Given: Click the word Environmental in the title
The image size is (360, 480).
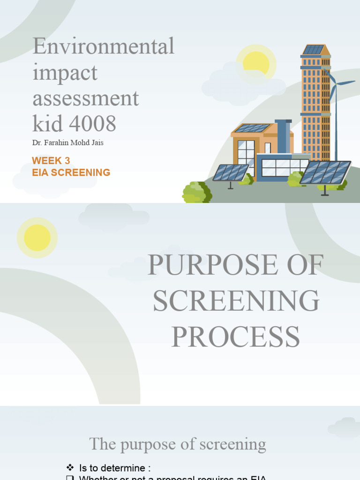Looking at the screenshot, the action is [104, 46].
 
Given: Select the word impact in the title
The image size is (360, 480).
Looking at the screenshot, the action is [65, 72].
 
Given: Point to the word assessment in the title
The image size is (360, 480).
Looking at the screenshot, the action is [86, 98].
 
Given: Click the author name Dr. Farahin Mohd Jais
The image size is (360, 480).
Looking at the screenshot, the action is [67, 143].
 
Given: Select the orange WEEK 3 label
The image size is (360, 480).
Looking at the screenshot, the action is [51, 161].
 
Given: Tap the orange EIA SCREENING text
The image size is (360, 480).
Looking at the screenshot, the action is [71, 172].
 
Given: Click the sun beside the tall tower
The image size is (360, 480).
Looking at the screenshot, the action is [256, 64].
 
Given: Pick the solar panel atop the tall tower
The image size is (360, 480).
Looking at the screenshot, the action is [313, 49].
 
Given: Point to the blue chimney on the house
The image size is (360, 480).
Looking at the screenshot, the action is [283, 136].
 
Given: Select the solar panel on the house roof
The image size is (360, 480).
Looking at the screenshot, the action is [252, 128].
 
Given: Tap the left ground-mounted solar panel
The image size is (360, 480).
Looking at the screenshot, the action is [231, 172].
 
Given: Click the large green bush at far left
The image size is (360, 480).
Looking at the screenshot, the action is [196, 193].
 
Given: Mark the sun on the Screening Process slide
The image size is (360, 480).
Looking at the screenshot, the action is [37, 238].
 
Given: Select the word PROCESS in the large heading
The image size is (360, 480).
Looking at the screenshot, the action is [235, 337].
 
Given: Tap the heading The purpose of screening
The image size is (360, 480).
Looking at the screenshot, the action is [178, 444].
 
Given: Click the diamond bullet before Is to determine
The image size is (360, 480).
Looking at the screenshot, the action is [71, 467].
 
